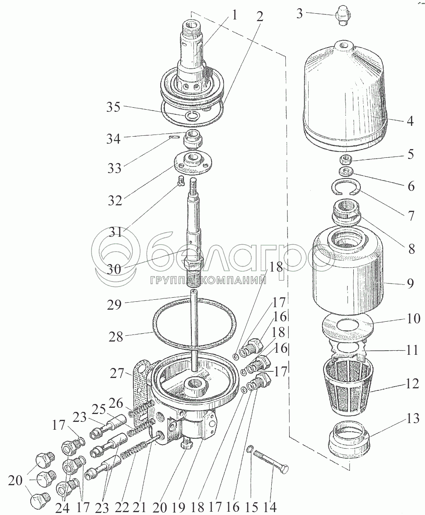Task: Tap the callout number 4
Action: click(x=410, y=122)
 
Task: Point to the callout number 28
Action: click(x=116, y=337)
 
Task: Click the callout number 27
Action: click(x=118, y=373)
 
